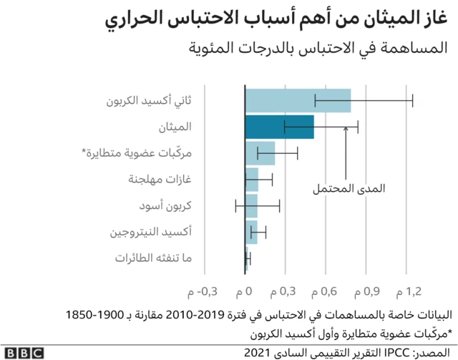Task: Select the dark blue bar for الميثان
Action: (279, 127)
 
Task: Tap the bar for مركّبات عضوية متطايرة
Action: (260, 153)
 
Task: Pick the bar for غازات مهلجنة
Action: (252, 180)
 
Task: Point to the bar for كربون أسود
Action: (251, 206)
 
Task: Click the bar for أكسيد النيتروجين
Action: (251, 232)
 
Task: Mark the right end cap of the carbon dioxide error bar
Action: (413, 101)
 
